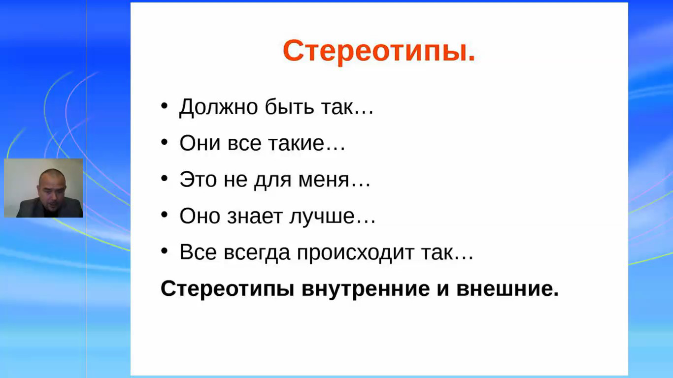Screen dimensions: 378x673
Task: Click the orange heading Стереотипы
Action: (x=379, y=50)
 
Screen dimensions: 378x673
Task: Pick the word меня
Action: (x=329, y=180)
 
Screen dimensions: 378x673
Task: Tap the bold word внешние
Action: (x=507, y=289)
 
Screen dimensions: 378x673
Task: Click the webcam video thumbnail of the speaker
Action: (x=43, y=188)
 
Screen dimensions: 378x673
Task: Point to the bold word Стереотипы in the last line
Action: (x=227, y=289)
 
